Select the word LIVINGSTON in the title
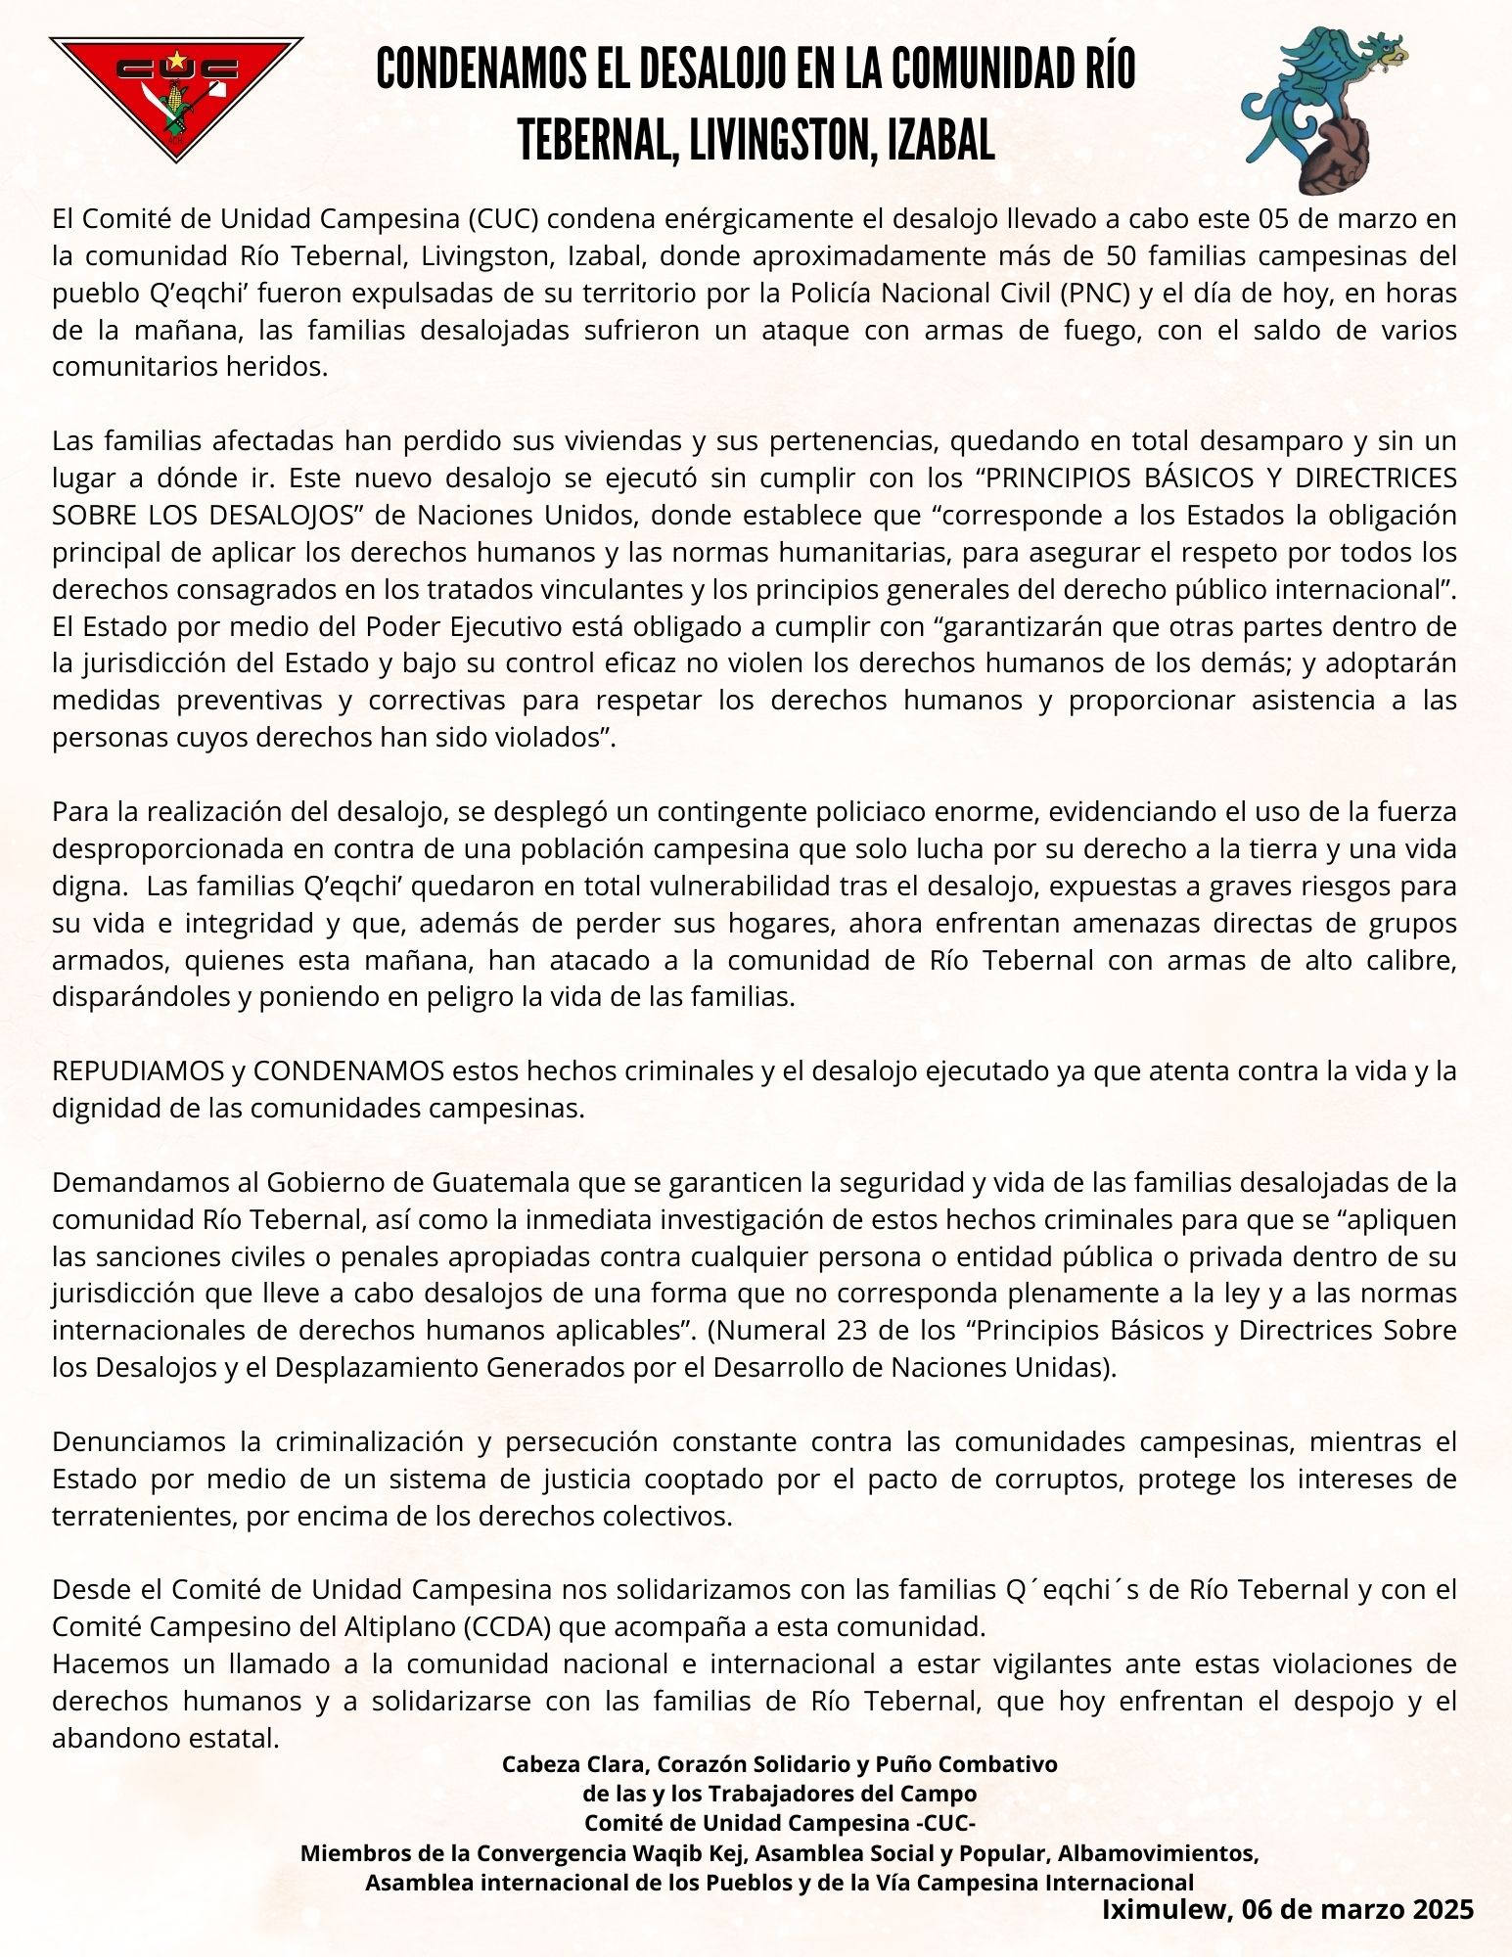coord(778,141)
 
